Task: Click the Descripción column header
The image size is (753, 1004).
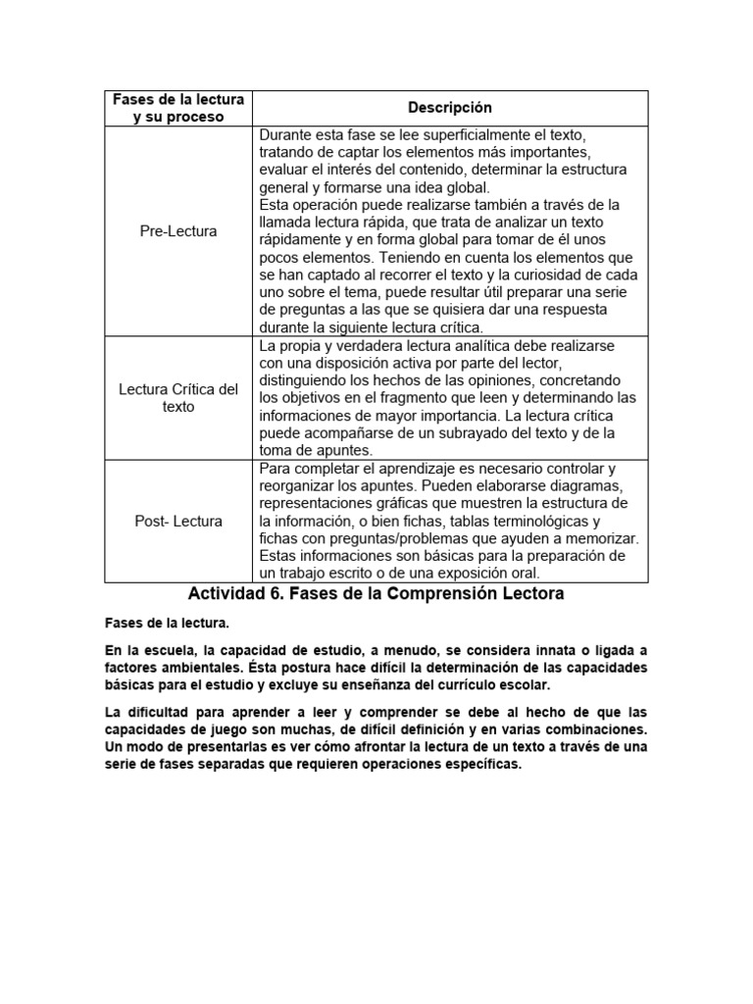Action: (450, 108)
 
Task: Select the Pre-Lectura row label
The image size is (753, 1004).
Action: (178, 231)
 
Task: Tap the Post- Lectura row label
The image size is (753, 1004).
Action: (178, 521)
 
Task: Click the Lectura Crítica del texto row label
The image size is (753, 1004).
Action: (178, 398)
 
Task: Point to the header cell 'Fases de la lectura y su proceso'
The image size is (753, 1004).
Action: (178, 108)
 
